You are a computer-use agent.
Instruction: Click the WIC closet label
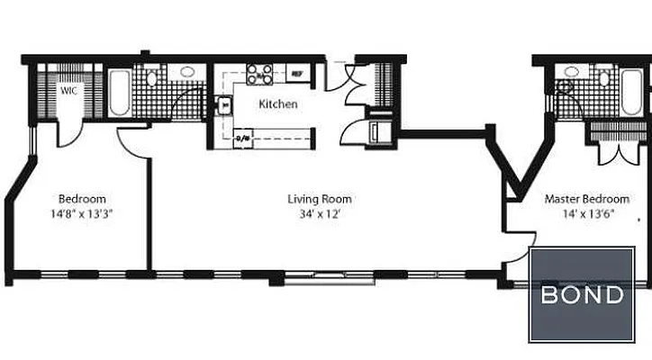pos(68,91)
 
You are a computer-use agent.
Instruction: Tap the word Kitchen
pos(278,104)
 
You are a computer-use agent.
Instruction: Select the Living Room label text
pos(320,199)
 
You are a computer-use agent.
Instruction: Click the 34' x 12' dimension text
pos(320,214)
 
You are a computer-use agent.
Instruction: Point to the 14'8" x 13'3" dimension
pos(83,214)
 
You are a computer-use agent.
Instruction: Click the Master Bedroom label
pos(586,199)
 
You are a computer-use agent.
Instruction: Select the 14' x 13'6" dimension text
pos(586,214)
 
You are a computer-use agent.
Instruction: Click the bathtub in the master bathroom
pos(633,91)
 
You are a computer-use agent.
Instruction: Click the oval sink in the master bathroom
pos(571,72)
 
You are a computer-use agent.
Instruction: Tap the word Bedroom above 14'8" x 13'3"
pos(83,199)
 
